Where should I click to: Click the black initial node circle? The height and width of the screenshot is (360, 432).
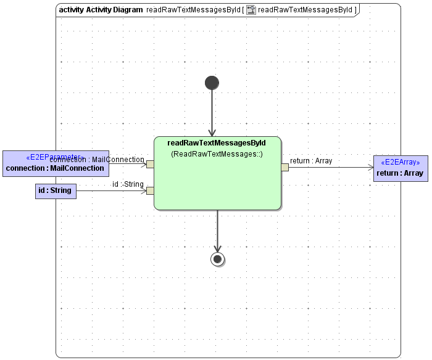click(212, 83)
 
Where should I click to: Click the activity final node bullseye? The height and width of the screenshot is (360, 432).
click(217, 259)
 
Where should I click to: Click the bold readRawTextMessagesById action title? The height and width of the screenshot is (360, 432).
click(217, 143)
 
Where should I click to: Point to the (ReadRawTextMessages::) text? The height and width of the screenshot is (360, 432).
click(217, 154)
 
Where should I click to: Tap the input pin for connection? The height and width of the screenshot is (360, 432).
click(150, 164)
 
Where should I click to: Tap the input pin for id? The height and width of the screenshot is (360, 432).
click(150, 190)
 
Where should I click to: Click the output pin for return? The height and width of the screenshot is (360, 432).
click(285, 167)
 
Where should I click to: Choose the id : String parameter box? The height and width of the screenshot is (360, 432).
click(56, 191)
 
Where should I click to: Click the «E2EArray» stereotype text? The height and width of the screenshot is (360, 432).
click(400, 162)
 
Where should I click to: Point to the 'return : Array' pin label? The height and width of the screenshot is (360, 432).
click(311, 161)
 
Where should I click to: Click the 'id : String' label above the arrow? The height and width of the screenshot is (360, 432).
click(128, 184)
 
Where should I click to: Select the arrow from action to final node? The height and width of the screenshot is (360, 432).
click(217, 231)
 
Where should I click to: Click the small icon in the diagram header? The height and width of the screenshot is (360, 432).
click(251, 10)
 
